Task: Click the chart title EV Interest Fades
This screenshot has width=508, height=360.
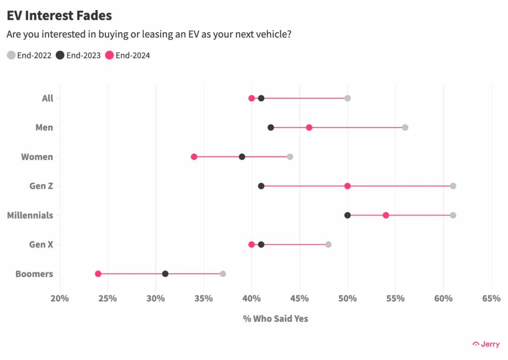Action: pos(59,15)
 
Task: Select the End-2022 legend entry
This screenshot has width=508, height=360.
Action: pos(29,55)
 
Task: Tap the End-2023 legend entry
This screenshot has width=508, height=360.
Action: pos(78,55)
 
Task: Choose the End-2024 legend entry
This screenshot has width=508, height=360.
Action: pos(127,55)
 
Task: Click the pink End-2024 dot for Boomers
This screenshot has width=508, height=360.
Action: pos(98,274)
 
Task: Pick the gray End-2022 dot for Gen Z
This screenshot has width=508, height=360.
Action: pos(453,186)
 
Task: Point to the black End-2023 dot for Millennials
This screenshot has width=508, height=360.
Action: pos(347,215)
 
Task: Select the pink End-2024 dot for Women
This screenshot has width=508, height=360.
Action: pos(194,156)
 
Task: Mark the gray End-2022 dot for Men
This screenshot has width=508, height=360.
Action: pos(405,127)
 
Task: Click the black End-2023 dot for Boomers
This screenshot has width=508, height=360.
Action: pos(165,274)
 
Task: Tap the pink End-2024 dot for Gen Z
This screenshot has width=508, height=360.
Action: pos(347,186)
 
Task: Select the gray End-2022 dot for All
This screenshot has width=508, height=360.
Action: pos(347,98)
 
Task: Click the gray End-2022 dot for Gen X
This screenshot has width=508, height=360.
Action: pos(328,244)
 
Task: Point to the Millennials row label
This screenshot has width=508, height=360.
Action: pos(30,216)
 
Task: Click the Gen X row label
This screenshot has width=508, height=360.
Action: pos(41,244)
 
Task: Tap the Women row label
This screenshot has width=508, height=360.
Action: pos(37,157)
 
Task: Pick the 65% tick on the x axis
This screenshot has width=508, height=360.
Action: pos(491,298)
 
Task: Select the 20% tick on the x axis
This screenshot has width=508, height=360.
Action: pos(60,298)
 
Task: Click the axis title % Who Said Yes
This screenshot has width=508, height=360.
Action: pos(275,319)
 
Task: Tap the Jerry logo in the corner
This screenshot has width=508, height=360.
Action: pos(486,344)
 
